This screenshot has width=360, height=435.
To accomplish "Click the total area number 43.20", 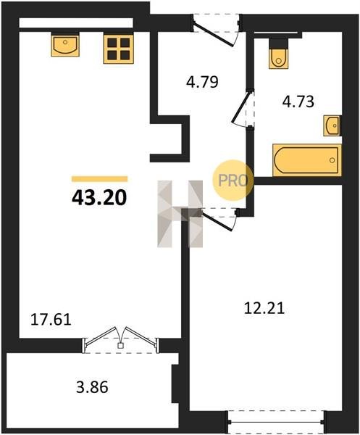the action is (x=99, y=198).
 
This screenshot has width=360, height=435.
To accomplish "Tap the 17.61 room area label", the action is (x=51, y=319).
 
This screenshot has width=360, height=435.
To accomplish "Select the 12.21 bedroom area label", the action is (x=264, y=308).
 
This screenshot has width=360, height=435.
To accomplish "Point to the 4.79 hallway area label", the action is (x=202, y=82).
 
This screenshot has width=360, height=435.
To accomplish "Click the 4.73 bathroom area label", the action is (x=298, y=101).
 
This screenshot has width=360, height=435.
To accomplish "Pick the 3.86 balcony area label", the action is (x=92, y=387).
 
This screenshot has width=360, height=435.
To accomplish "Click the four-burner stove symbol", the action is (x=119, y=49).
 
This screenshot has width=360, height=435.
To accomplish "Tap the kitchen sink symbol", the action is (x=65, y=44).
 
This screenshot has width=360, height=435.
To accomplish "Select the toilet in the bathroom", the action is (x=279, y=54).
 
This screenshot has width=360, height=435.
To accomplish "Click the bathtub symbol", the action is (x=307, y=160).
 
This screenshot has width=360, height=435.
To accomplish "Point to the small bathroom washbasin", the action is (x=332, y=126).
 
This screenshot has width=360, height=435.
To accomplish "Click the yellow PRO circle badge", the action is (x=233, y=181).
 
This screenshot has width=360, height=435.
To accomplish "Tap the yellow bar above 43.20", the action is (x=99, y=179).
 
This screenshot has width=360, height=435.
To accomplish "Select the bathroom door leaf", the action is (x=240, y=107).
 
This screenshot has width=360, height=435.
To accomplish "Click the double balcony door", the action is (x=120, y=339).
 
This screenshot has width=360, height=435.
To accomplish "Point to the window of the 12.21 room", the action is (x=277, y=422).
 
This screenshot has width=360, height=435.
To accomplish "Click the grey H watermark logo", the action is (x=180, y=214).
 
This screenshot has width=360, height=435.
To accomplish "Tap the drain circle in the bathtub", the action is (x=332, y=160).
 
